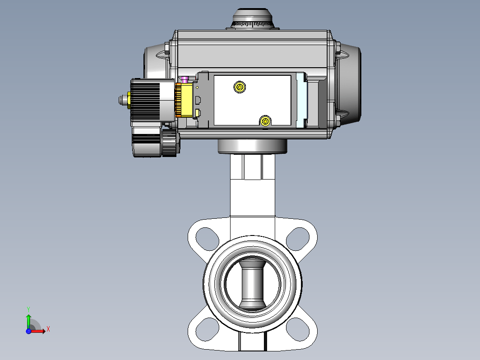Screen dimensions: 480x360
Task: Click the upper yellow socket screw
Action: click(x=240, y=87)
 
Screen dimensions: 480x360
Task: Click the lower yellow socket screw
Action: click(x=265, y=121)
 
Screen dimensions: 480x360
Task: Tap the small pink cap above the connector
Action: click(x=185, y=79)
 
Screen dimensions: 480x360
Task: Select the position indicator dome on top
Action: click(x=253, y=18)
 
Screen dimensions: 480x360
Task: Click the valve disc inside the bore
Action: click(x=253, y=283)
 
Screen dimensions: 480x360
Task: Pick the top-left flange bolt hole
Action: click(x=207, y=239)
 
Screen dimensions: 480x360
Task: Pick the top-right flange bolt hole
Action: click(x=298, y=239)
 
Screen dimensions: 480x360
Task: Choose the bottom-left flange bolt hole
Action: click(x=207, y=329)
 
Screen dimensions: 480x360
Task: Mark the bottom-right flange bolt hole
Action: click(x=298, y=329)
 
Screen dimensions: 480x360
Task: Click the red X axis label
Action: click(x=48, y=330)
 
